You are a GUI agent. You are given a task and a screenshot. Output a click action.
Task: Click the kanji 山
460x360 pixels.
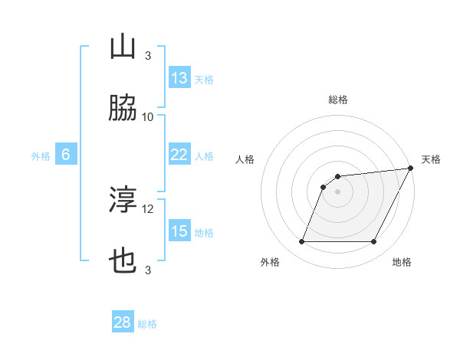123,48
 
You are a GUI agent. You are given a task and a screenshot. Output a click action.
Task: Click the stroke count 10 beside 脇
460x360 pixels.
148,117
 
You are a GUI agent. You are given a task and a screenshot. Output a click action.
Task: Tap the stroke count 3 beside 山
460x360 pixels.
148,56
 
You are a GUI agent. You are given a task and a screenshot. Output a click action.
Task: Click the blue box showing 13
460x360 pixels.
179,78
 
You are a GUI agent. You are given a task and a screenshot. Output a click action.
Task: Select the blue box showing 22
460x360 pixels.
179,155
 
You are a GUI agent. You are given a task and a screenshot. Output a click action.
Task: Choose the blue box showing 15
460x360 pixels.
179,231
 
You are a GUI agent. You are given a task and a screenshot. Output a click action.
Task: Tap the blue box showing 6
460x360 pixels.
66,155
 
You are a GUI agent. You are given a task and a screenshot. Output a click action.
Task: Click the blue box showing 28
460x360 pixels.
123,322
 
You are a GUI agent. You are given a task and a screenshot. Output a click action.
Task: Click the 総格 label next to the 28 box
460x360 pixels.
147,324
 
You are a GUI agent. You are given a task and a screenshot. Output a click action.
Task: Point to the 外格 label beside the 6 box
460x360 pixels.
41,156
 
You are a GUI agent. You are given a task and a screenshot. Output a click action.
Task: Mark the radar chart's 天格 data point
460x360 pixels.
411,169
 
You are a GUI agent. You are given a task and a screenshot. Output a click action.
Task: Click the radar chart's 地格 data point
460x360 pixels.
374,242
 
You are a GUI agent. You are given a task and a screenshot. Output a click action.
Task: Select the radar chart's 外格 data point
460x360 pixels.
301,242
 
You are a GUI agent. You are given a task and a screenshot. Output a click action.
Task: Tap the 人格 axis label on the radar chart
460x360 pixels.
245,159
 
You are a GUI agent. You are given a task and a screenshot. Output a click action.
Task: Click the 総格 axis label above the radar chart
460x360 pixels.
338,100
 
